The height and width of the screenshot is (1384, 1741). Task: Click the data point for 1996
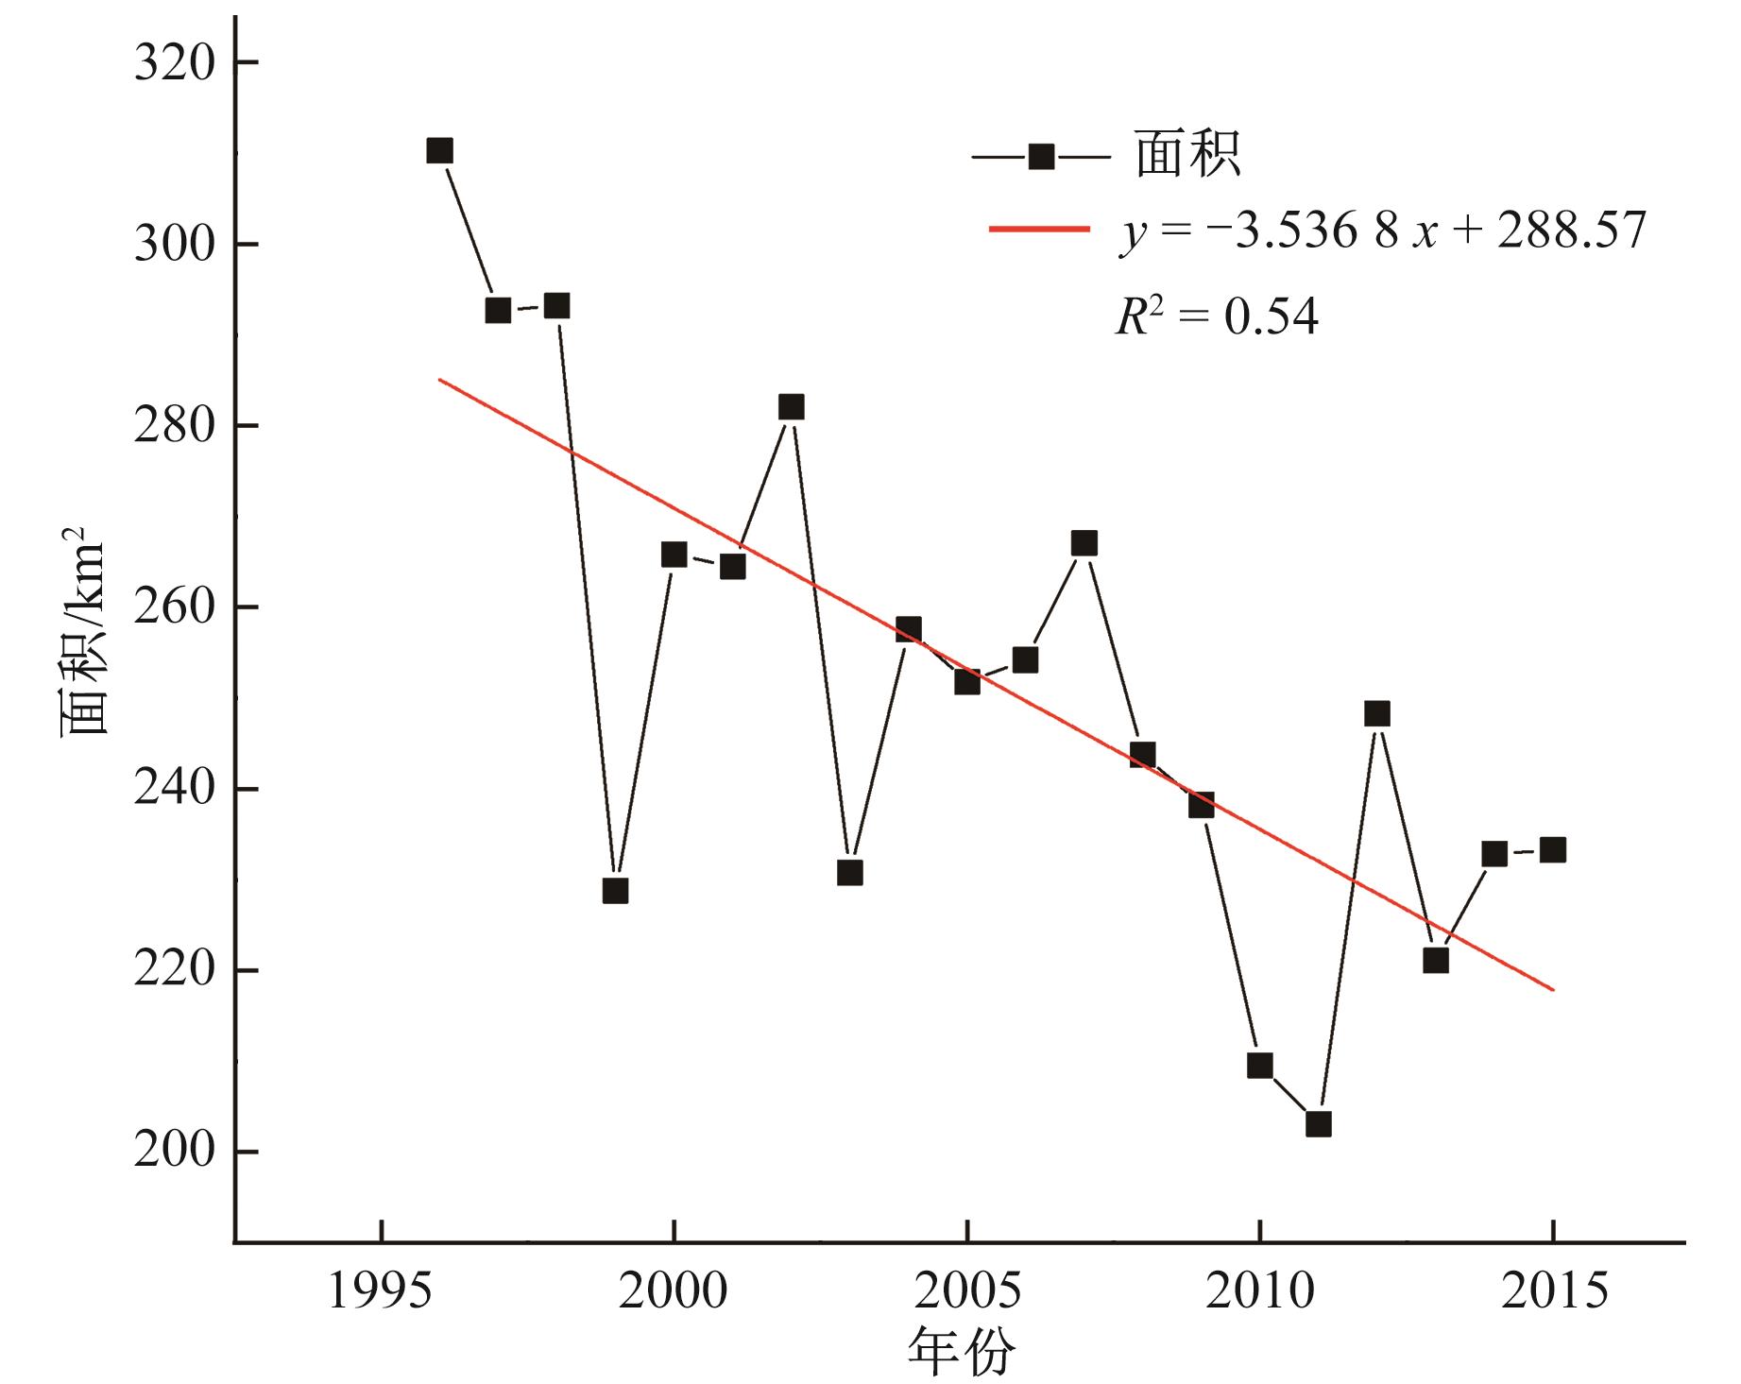tap(439, 151)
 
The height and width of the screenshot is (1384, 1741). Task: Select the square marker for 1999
tap(615, 891)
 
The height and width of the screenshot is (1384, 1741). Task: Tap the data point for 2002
tap(792, 407)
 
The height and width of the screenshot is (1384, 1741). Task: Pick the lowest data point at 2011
tap(1319, 1124)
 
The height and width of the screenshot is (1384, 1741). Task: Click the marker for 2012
tap(1377, 713)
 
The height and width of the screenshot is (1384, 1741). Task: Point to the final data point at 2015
tap(1553, 850)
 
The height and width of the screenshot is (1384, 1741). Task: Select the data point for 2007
tap(1084, 543)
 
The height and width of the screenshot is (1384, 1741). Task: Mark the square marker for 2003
tap(850, 873)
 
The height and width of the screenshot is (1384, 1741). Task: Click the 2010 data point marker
tap(1260, 1066)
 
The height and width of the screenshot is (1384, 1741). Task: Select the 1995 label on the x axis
tap(381, 1290)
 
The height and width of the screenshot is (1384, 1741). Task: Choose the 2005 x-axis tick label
tap(967, 1290)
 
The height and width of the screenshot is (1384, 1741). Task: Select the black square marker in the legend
tap(1041, 157)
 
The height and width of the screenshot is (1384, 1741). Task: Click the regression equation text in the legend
tap(1383, 230)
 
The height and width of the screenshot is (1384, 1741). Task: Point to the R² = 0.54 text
tap(1217, 316)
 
